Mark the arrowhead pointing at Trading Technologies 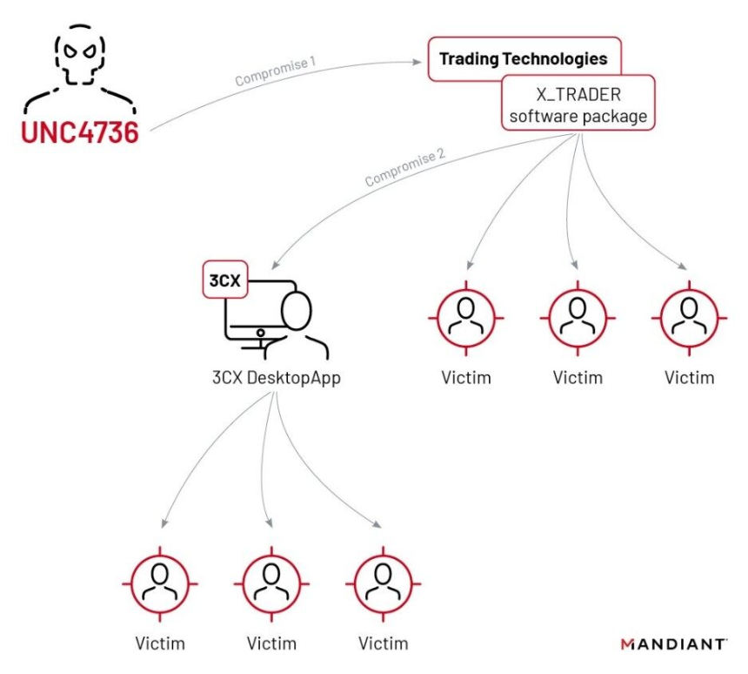pyautogui.click(x=417, y=61)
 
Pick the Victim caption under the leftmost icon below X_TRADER pyautogui.click(x=466, y=379)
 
